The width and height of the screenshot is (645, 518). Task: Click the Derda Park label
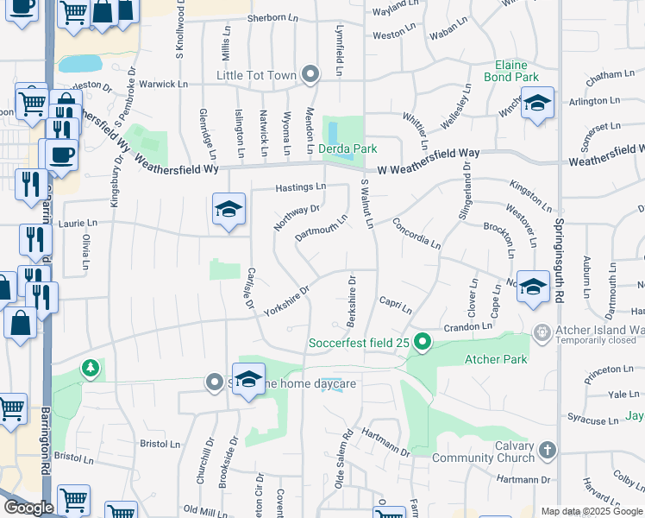click(x=348, y=148)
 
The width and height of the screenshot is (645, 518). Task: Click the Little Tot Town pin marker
click(x=311, y=75)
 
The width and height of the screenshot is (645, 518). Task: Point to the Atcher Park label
click(x=489, y=358)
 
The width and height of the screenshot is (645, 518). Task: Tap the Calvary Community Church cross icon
click(x=546, y=450)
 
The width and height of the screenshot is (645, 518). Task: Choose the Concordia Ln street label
click(x=416, y=233)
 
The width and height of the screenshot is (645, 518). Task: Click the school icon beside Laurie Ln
click(x=229, y=209)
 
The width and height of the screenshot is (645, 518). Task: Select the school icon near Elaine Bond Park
click(x=536, y=104)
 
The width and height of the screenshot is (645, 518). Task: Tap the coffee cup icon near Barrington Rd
click(x=60, y=155)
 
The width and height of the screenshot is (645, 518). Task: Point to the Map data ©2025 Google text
click(x=592, y=511)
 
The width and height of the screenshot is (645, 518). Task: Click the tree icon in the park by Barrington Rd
click(x=90, y=370)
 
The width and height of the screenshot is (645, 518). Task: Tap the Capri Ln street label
click(x=396, y=305)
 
